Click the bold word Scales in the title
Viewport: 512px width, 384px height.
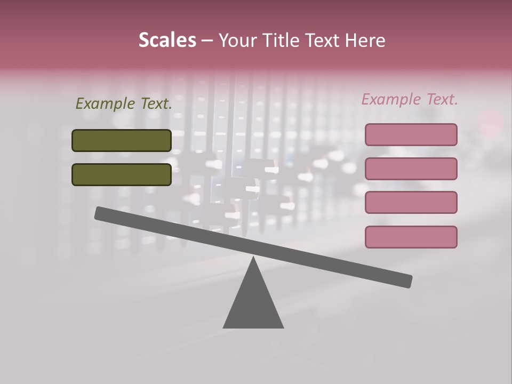(167, 41)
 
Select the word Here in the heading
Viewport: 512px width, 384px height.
(364, 41)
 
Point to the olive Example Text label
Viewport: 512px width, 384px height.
(124, 104)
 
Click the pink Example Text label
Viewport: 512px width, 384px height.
(410, 99)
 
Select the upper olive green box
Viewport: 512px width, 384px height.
(122, 140)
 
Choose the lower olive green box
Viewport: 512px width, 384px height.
(122, 174)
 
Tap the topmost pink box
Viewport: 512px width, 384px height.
(411, 134)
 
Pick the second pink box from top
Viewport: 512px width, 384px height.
(411, 169)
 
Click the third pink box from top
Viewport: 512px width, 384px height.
(411, 203)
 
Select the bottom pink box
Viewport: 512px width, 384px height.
(411, 237)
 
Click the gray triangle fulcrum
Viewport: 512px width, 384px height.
(253, 304)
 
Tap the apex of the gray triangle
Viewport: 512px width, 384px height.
(253, 258)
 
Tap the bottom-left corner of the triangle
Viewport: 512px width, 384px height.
(224, 327)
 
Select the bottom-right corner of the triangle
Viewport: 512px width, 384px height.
(283, 327)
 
